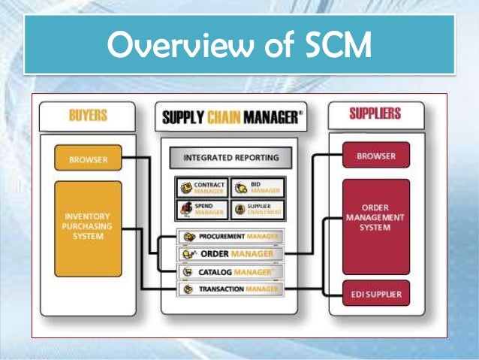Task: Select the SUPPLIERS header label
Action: point(375,115)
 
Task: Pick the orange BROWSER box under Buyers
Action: point(88,159)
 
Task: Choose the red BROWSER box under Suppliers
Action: point(376,156)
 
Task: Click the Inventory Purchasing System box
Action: point(88,228)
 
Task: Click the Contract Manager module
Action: point(202,187)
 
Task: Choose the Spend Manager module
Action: point(202,209)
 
